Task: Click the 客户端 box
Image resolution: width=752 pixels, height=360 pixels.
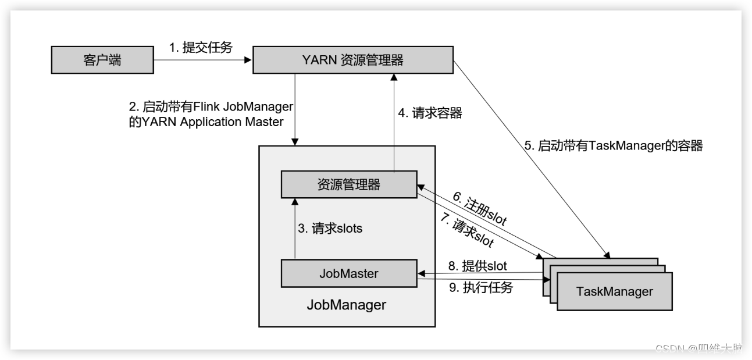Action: (102, 60)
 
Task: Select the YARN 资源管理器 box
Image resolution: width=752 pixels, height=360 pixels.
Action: (352, 60)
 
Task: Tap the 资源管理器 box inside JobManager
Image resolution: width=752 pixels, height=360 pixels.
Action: (348, 184)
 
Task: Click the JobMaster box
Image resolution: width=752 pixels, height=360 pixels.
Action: (348, 273)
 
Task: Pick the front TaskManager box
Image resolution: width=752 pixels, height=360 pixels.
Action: (614, 291)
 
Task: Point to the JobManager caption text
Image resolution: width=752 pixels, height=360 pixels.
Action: (346, 305)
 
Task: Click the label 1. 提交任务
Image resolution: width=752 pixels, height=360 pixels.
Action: (201, 48)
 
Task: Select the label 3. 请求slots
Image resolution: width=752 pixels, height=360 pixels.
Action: (330, 229)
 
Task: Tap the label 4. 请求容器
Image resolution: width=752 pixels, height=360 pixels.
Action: (430, 113)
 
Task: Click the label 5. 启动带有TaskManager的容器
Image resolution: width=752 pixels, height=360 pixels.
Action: (614, 146)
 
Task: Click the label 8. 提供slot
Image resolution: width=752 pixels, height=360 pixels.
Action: (476, 266)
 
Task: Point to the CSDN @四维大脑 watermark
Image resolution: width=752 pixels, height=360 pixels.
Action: (698, 348)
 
